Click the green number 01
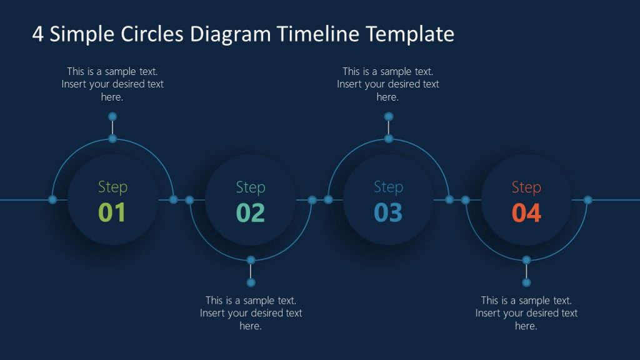(112, 212)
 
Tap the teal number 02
(251, 212)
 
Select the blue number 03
(388, 212)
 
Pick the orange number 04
(526, 212)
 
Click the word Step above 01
(112, 187)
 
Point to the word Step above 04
(526, 187)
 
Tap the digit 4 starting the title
(37, 34)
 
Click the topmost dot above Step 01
(112, 116)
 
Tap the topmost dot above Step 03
(388, 116)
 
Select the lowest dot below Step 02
(251, 282)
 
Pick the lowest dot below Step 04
(526, 282)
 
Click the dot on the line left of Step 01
(52, 199)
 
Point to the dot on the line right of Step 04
(587, 199)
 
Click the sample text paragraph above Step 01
(112, 84)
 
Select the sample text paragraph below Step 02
(251, 313)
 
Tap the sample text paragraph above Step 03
(388, 84)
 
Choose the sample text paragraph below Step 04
(526, 313)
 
